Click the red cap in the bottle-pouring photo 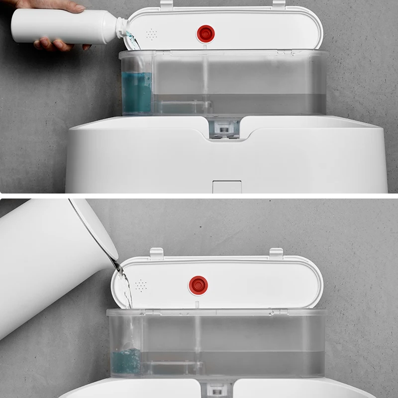point(205,34)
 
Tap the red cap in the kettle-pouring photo point(198,285)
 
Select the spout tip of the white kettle point(117,267)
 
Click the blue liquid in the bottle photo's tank point(136,92)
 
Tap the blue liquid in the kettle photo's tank point(126,361)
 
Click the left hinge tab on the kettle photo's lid point(157,253)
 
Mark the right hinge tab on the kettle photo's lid point(276,253)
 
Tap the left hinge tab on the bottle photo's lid point(167,3)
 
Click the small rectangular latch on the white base point(226,187)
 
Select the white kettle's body point(45,259)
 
